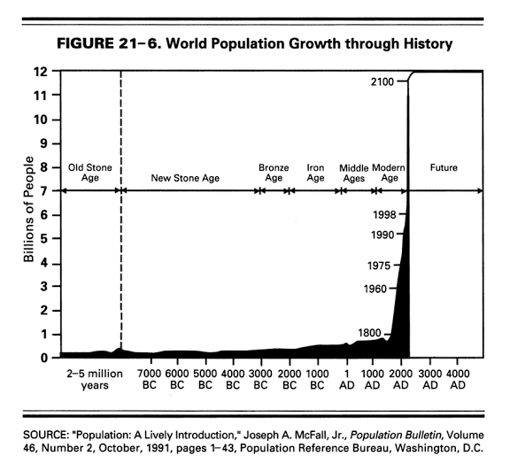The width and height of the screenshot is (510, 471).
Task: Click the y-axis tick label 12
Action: [x=40, y=71]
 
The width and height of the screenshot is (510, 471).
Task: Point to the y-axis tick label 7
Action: [x=44, y=191]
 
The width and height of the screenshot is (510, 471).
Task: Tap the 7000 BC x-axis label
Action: [x=150, y=379]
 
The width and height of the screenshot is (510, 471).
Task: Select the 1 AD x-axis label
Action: [x=347, y=379]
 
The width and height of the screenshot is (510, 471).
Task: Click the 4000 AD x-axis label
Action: [x=458, y=379]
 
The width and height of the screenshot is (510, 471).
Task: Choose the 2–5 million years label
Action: [x=95, y=379]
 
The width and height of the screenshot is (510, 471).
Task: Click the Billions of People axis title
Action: [x=28, y=209]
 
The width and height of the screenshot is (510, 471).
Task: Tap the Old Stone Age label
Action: [x=90, y=173]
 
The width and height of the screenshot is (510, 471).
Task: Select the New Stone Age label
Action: [x=185, y=178]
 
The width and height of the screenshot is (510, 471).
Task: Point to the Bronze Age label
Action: [x=274, y=173]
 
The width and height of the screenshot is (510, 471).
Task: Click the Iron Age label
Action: [x=315, y=173]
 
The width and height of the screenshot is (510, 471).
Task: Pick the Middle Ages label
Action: [x=354, y=173]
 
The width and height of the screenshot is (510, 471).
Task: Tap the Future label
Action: [x=444, y=167]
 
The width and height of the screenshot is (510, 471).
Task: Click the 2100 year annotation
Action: [x=382, y=81]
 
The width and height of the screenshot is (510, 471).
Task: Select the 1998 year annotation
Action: [x=384, y=214]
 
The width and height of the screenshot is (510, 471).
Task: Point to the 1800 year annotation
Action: [x=369, y=333]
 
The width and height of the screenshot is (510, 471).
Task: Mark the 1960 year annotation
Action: [x=375, y=289]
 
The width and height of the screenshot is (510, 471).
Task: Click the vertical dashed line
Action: [x=120, y=210]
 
